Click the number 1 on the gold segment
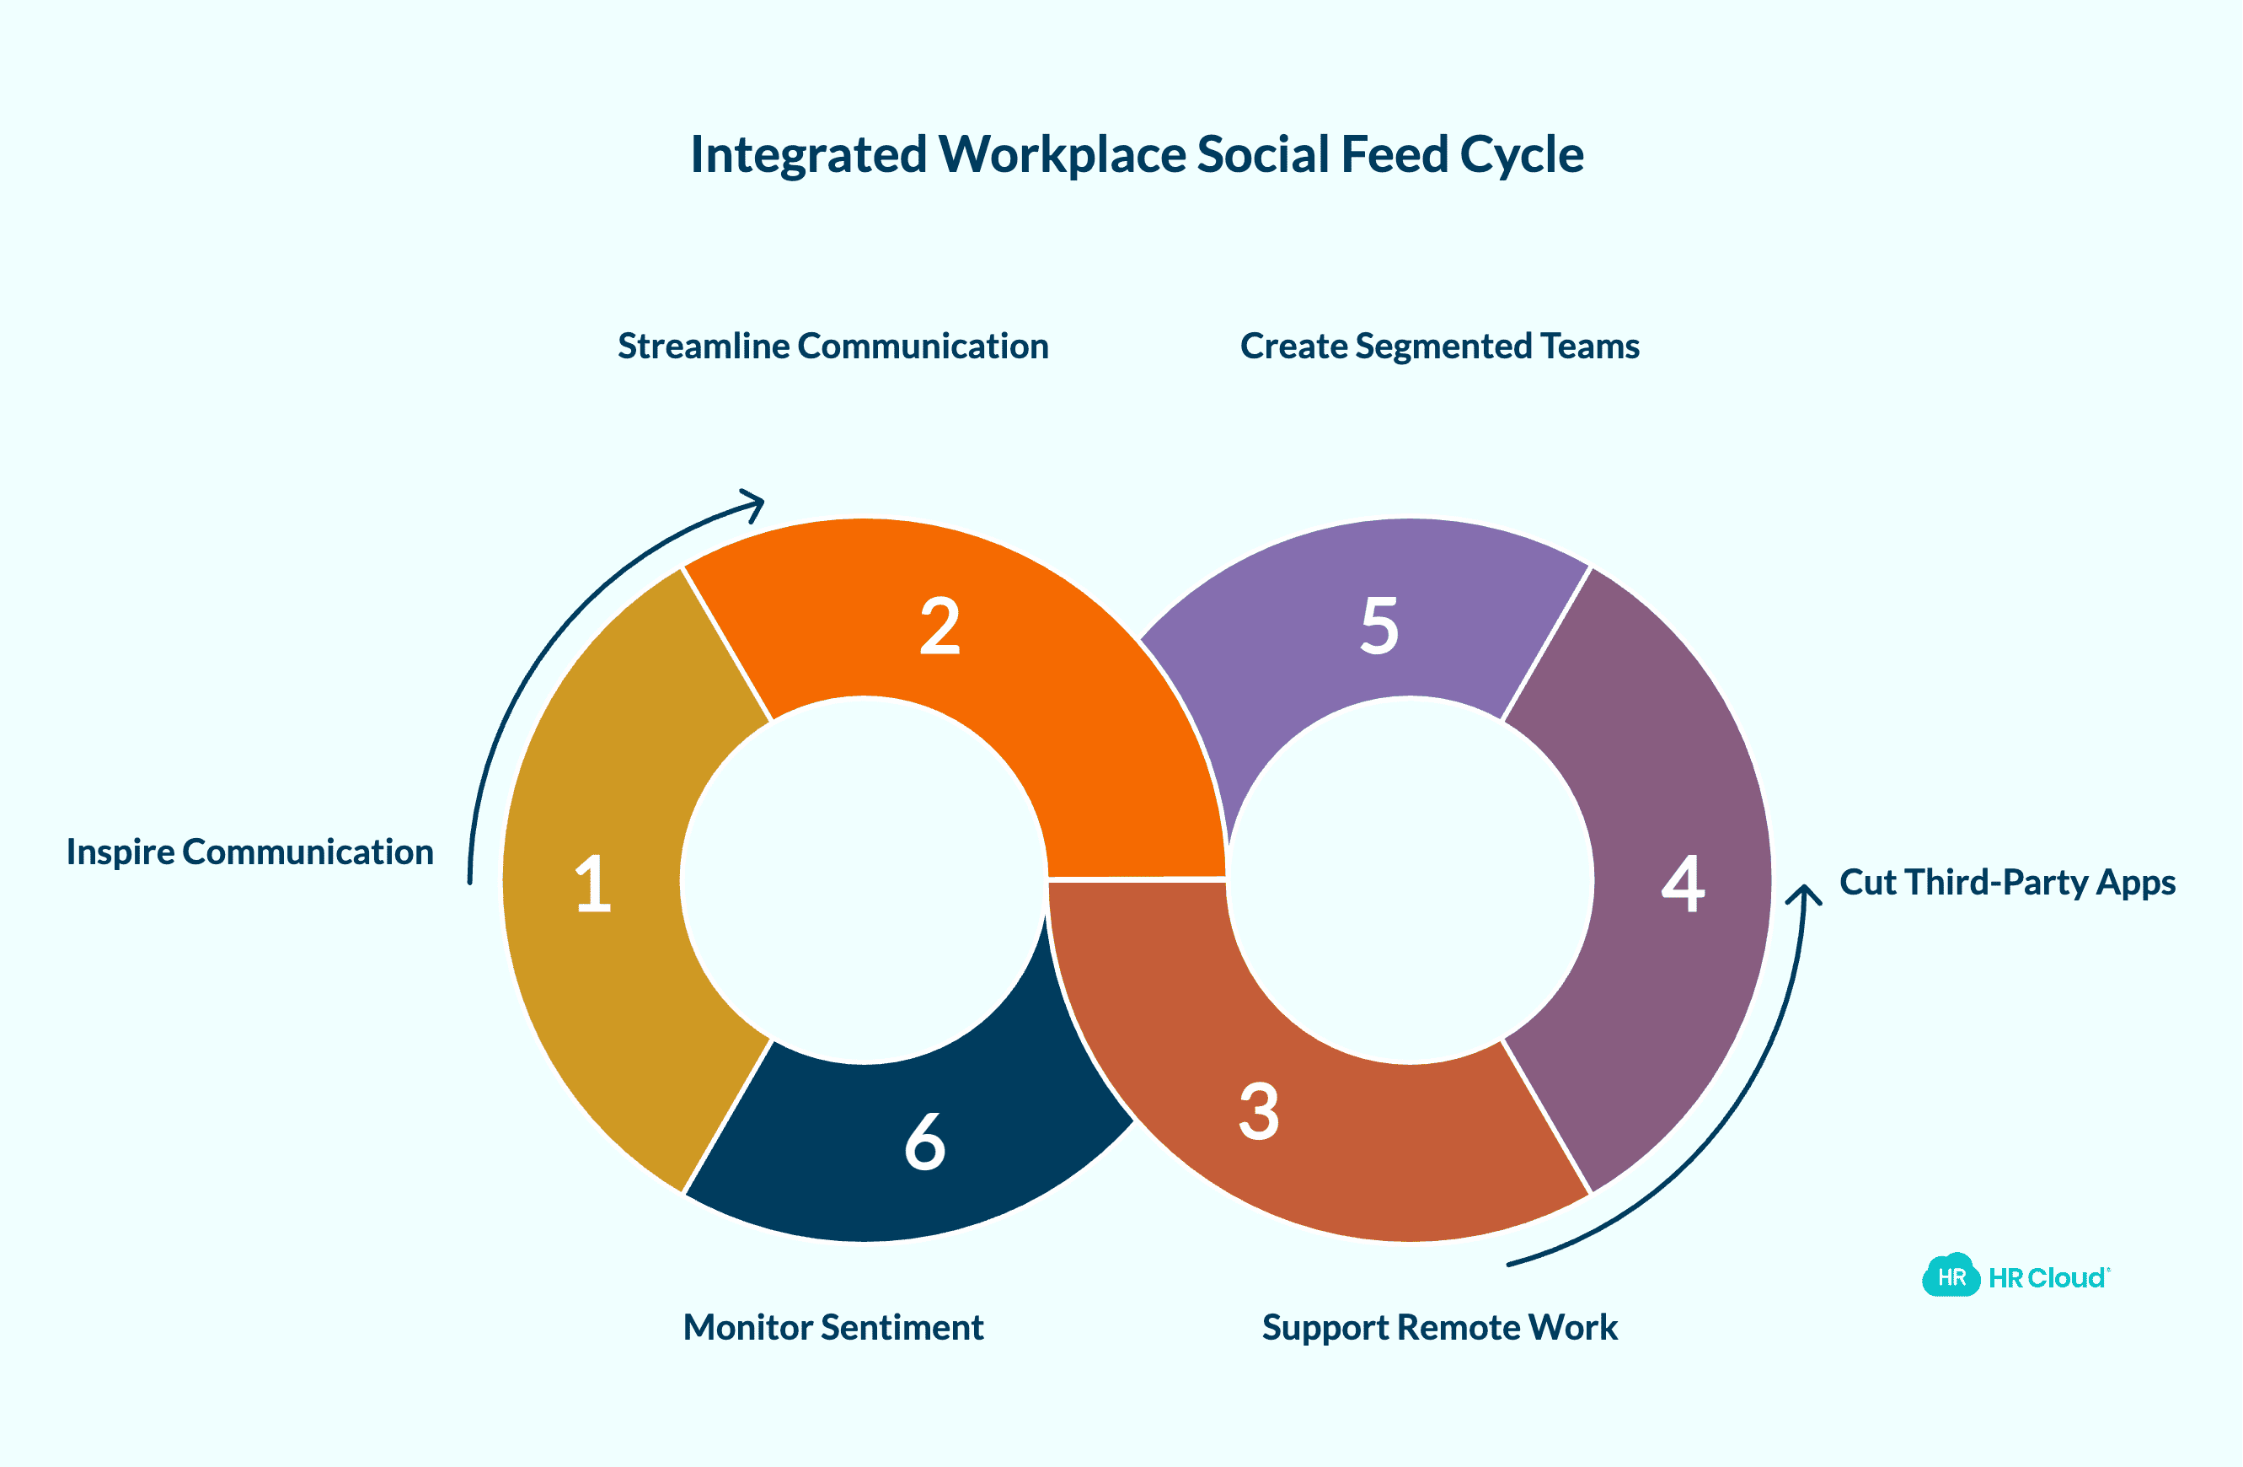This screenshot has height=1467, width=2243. [594, 884]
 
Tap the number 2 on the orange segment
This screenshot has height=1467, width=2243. [939, 626]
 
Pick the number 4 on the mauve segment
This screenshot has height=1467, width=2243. [1684, 884]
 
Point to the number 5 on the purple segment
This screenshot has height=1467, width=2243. [1379, 626]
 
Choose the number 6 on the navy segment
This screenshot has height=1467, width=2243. [924, 1141]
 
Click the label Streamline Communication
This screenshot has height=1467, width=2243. [833, 346]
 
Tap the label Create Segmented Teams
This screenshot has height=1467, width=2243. [1439, 346]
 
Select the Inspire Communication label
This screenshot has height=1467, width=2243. [249, 852]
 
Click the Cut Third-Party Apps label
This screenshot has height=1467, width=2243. [2007, 883]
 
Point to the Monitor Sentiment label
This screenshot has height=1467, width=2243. [833, 1327]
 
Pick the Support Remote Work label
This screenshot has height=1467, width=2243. [1439, 1327]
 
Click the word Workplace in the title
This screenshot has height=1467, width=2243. [1063, 154]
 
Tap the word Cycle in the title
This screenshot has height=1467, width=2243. [1521, 154]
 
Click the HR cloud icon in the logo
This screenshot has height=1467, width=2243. [1951, 1276]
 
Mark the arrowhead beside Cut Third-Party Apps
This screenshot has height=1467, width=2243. [1804, 894]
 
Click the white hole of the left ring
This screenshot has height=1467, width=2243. [865, 879]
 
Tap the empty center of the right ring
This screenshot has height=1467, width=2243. [1410, 879]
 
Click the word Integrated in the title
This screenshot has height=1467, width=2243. [809, 154]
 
